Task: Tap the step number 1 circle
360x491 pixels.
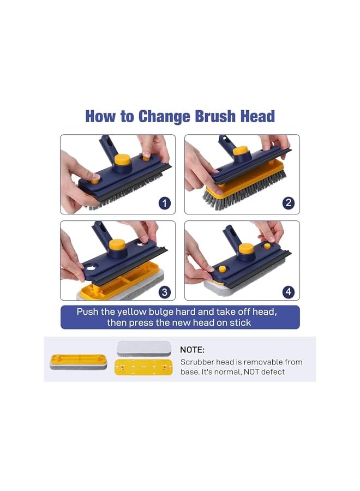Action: pyautogui.click(x=165, y=203)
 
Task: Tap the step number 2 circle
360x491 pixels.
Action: pyautogui.click(x=289, y=203)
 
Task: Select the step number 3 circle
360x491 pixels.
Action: pyautogui.click(x=165, y=292)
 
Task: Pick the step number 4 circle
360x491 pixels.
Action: pyautogui.click(x=289, y=292)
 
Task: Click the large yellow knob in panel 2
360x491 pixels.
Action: pyautogui.click(x=241, y=151)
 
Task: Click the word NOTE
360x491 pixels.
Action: pyautogui.click(x=192, y=350)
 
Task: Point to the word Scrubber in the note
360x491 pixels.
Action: pyautogui.click(x=198, y=362)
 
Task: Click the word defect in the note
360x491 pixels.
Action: pyautogui.click(x=272, y=372)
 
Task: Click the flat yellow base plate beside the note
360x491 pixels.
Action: pyautogui.click(x=144, y=367)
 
